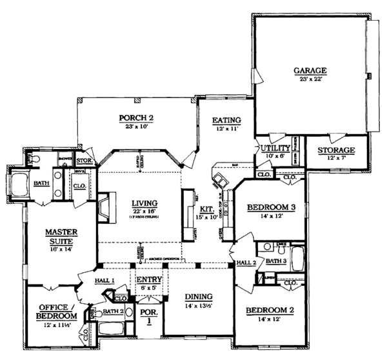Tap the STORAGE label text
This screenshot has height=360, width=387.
click(x=335, y=150)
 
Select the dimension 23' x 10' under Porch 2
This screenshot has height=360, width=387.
click(x=135, y=126)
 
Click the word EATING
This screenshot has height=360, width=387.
click(x=228, y=120)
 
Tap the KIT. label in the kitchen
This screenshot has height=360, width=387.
click(x=207, y=210)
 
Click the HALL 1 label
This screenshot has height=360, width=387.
click(x=105, y=281)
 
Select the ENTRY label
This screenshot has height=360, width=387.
click(x=149, y=279)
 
